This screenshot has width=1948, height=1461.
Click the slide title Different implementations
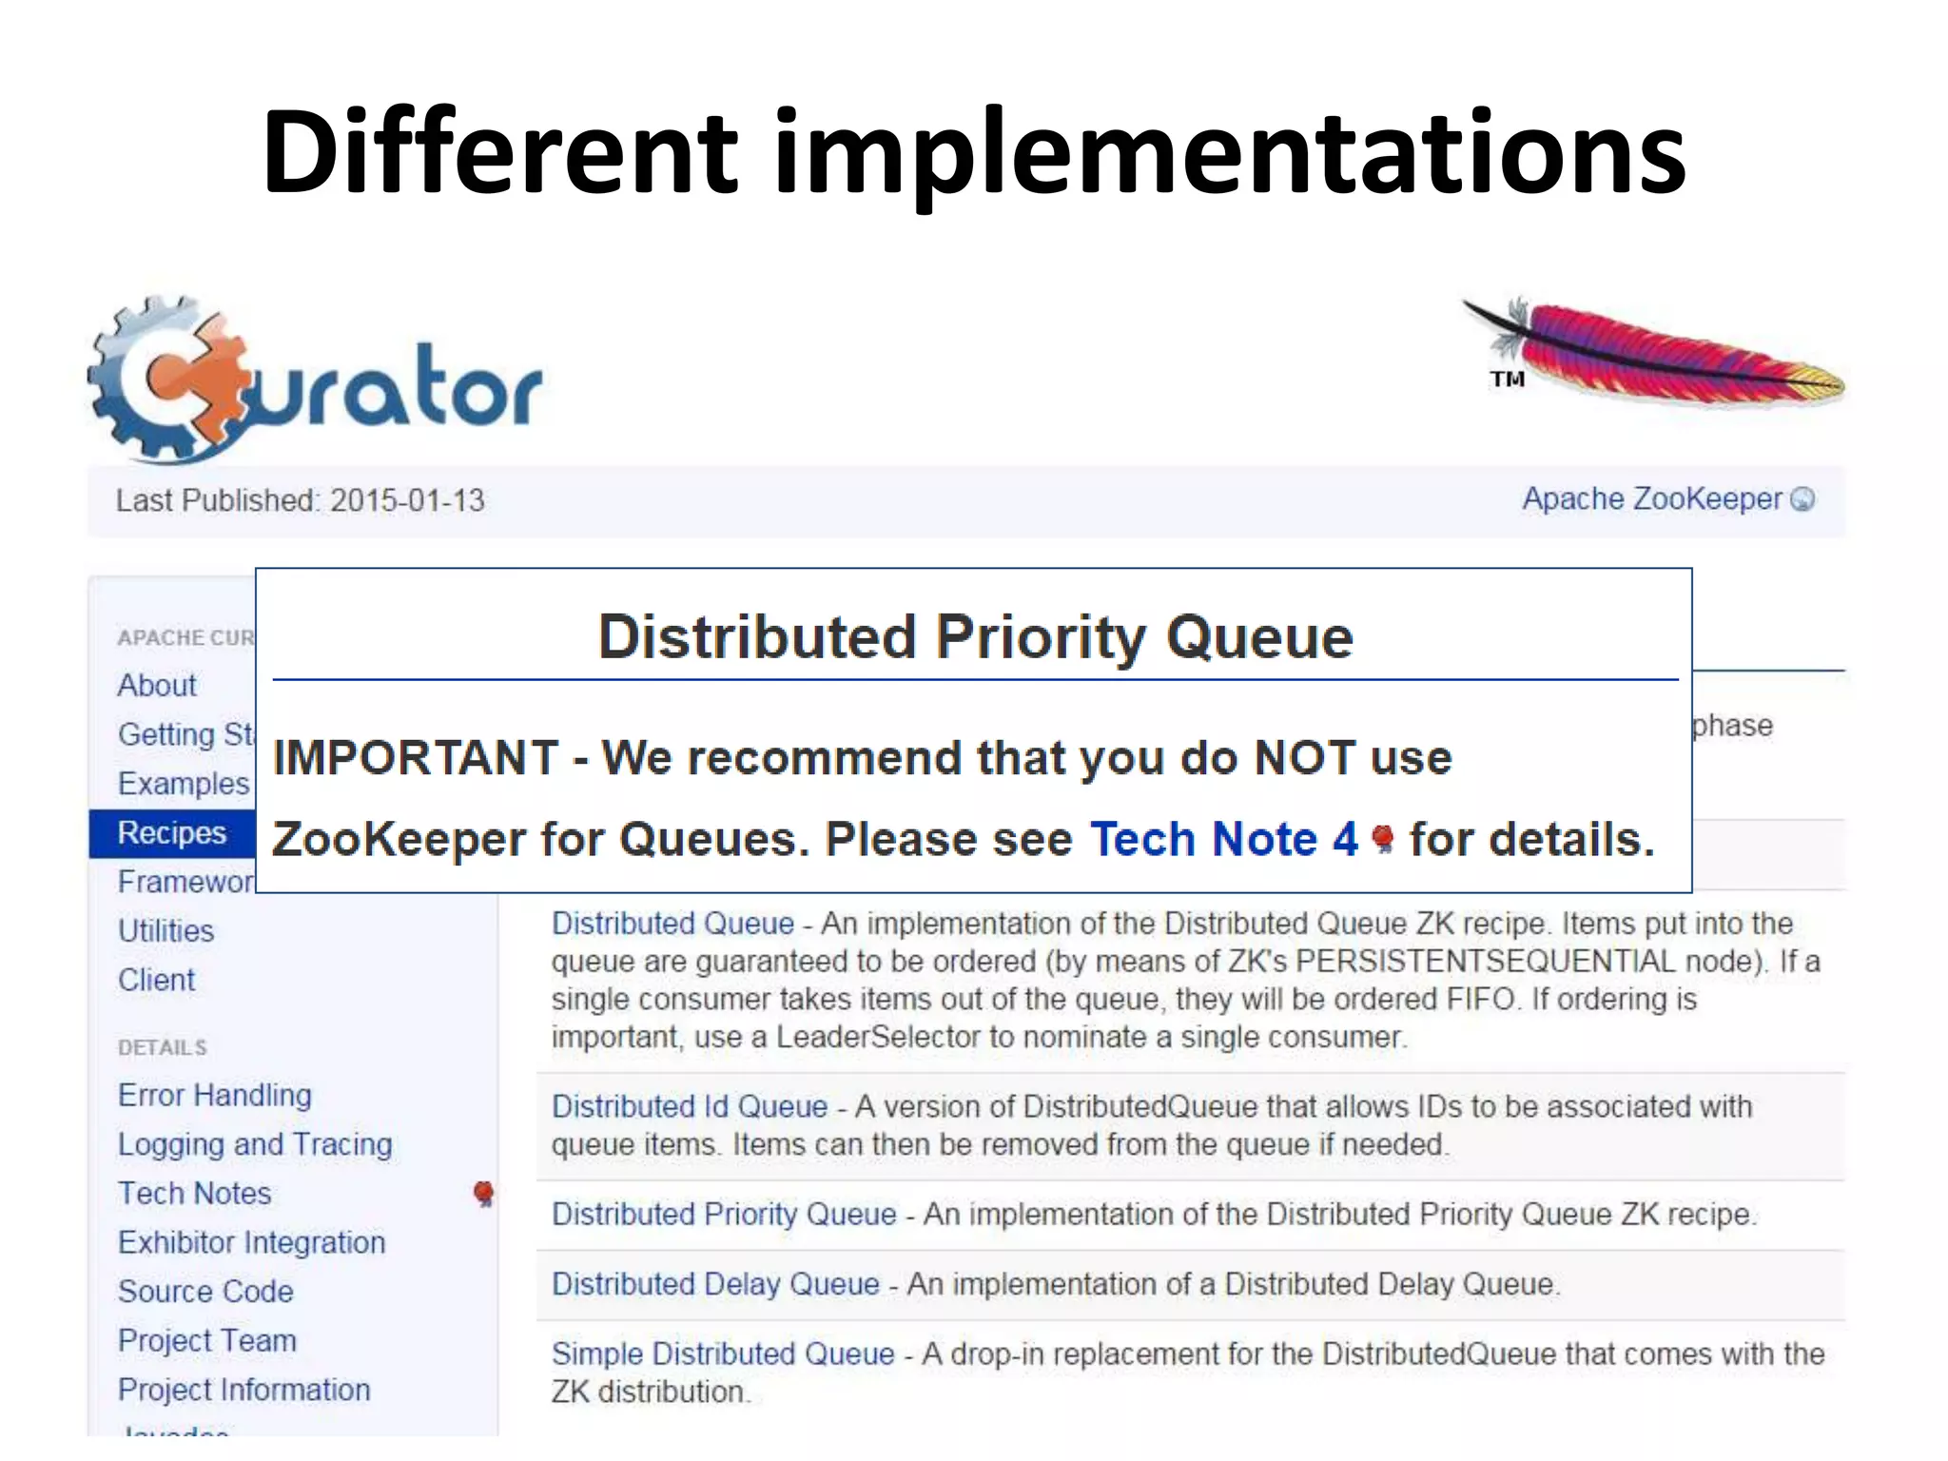tap(973, 152)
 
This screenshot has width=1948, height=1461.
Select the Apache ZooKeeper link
tap(1653, 498)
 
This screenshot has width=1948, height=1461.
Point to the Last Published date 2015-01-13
tap(407, 500)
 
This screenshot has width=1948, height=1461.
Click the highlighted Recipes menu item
tap(172, 833)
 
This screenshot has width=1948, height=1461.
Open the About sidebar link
tap(157, 686)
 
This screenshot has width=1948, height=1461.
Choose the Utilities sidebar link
tap(166, 931)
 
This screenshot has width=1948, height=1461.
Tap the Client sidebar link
tap(157, 981)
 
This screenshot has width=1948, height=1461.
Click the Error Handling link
tap(215, 1096)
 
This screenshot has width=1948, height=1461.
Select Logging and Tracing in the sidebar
tap(255, 1144)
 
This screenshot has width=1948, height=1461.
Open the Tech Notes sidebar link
tap(195, 1194)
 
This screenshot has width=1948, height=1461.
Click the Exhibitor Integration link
tap(252, 1243)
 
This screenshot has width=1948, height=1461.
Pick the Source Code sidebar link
tap(206, 1292)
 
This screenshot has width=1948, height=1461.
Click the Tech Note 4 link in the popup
tap(1224, 839)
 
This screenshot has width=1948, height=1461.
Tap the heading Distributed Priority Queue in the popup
tap(975, 636)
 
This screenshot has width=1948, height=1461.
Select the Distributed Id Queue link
tap(690, 1107)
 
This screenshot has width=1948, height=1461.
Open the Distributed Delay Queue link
tap(715, 1284)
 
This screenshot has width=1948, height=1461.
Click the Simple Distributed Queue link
tap(723, 1354)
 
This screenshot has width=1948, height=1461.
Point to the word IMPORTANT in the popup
tap(416, 758)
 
